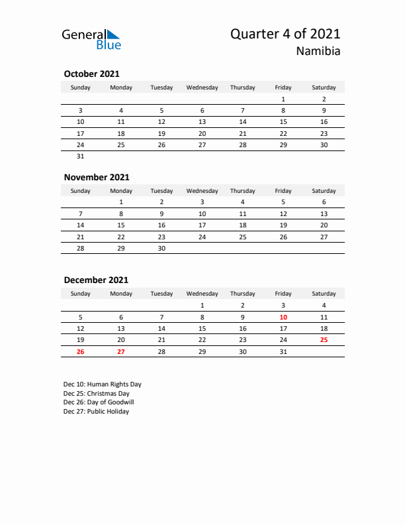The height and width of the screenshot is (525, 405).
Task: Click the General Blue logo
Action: click(x=91, y=39)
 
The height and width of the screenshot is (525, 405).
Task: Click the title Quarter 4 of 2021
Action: click(x=285, y=34)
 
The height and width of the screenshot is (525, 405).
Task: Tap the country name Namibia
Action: click(x=319, y=52)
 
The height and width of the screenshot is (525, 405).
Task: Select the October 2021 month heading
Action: click(x=91, y=74)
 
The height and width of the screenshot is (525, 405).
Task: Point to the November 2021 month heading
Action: click(x=97, y=177)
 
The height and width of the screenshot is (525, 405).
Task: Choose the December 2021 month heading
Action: click(x=96, y=280)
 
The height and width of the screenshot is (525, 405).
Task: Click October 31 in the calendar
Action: click(x=81, y=156)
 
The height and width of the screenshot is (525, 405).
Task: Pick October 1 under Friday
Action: click(x=283, y=99)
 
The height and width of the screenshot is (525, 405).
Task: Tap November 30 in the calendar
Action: click(x=161, y=248)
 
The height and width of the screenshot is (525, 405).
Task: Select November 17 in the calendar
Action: click(x=202, y=225)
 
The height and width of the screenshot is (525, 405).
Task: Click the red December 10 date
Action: click(x=283, y=316)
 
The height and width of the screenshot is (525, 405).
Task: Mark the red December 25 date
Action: click(x=324, y=339)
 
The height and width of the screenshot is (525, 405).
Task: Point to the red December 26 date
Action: click(x=81, y=351)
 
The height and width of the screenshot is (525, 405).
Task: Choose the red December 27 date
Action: click(x=121, y=351)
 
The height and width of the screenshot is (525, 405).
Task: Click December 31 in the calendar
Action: click(x=283, y=351)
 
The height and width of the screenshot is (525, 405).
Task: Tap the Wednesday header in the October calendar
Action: click(x=202, y=87)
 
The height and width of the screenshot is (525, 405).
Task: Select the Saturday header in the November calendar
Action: click(x=324, y=191)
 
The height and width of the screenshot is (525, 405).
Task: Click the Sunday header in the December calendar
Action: click(x=81, y=294)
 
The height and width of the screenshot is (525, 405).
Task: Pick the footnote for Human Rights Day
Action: click(x=103, y=384)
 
